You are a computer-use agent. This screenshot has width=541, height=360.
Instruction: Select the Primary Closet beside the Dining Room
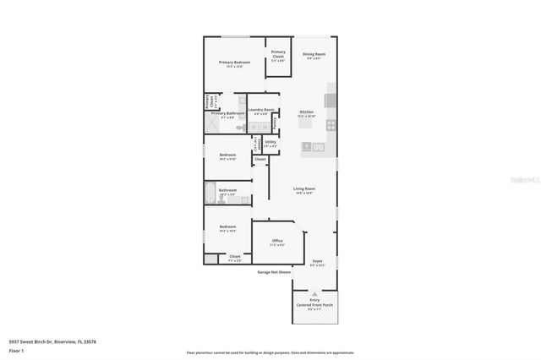278,53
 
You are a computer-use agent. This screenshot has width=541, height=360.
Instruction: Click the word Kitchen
306,112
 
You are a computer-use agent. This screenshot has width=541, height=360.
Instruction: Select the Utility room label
270,142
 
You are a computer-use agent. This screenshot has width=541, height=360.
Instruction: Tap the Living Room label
304,188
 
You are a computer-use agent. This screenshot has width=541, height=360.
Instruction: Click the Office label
277,242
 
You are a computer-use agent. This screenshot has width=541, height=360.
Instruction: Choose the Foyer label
318,262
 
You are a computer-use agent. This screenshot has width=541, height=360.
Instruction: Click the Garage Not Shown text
274,272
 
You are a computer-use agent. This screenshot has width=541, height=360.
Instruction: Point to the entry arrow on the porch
315,293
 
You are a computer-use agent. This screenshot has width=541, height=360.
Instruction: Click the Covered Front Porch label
314,304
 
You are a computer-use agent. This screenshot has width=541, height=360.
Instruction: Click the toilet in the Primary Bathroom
241,128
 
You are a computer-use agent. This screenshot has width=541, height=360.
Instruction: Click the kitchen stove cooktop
331,125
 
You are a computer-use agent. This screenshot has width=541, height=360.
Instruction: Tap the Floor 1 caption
16,350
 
